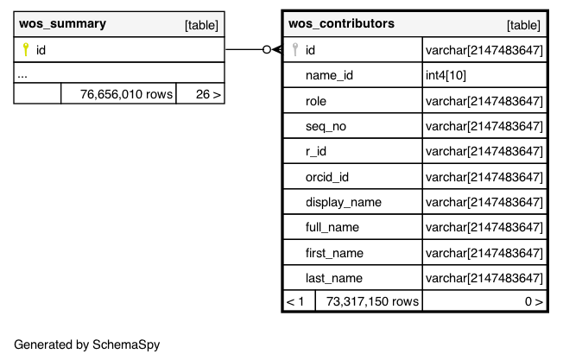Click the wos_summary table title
[62, 23]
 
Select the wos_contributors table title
[341, 23]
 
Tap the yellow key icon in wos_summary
[26, 49]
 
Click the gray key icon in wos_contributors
[295, 49]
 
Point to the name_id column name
[329, 75]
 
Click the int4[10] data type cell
[446, 75]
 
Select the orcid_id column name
[327, 177]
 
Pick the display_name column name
[344, 202]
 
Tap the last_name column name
[334, 278]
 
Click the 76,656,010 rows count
[126, 94]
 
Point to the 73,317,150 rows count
[372, 301]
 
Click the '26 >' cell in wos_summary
[208, 94]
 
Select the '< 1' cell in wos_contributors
[295, 301]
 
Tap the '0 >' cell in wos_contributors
[534, 301]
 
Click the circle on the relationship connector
[267, 49]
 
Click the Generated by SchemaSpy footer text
[87, 344]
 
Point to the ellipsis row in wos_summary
[22, 75]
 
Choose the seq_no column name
[326, 126]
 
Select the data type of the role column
[484, 101]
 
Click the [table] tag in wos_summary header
[201, 25]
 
